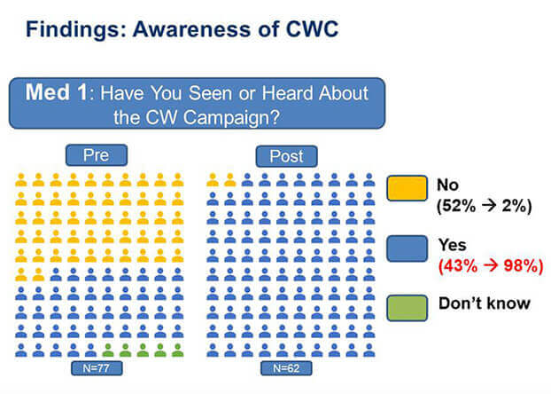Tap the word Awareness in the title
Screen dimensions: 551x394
pyautogui.click(x=192, y=29)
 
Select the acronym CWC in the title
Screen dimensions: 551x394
pyautogui.click(x=312, y=29)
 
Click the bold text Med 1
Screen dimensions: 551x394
pyautogui.click(x=56, y=92)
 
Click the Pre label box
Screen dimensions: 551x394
pyautogui.click(x=97, y=155)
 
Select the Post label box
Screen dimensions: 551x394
pyautogui.click(x=286, y=156)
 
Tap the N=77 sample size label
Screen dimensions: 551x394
pyautogui.click(x=97, y=368)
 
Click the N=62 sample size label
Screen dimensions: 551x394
pyautogui.click(x=286, y=368)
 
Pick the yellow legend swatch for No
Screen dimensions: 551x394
pyautogui.click(x=407, y=188)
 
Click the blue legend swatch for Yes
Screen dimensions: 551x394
pyautogui.click(x=407, y=248)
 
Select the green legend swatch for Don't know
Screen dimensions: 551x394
pyautogui.click(x=407, y=309)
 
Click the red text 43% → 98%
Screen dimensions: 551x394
pyautogui.click(x=491, y=265)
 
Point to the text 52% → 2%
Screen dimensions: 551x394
pyautogui.click(x=484, y=206)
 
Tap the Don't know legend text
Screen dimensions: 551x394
pyautogui.click(x=485, y=303)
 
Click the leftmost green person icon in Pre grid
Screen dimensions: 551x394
pyautogui.click(x=108, y=351)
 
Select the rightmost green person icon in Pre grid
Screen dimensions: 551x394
pyautogui.click(x=177, y=351)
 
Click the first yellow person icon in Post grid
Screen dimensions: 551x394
pyautogui.click(x=213, y=179)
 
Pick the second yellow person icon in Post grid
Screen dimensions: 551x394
pyautogui.click(x=229, y=179)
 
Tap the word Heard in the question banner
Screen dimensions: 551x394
pyautogui.click(x=287, y=94)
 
